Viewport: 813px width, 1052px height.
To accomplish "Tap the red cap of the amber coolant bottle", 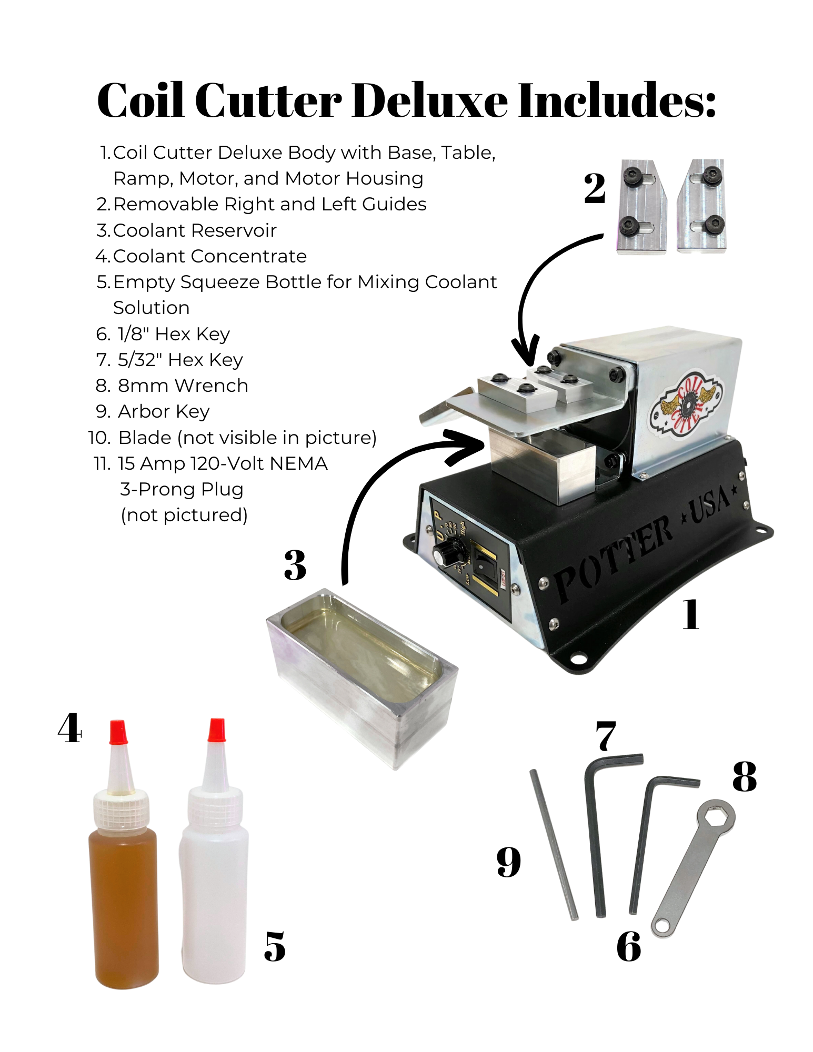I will click(x=118, y=732).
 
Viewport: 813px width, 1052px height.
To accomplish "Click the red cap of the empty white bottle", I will click(x=216, y=730).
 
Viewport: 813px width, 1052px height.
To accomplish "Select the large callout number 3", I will click(x=295, y=565).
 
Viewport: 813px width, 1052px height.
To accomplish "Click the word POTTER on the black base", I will click(x=613, y=559).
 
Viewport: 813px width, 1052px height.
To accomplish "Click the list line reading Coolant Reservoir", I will click(x=194, y=230).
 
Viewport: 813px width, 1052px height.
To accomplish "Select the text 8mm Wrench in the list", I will click(x=183, y=386).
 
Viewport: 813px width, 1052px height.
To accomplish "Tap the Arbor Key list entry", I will click(x=163, y=411).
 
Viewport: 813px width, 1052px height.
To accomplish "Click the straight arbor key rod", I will click(x=554, y=845).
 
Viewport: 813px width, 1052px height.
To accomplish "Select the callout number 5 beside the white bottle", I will click(x=274, y=947).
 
